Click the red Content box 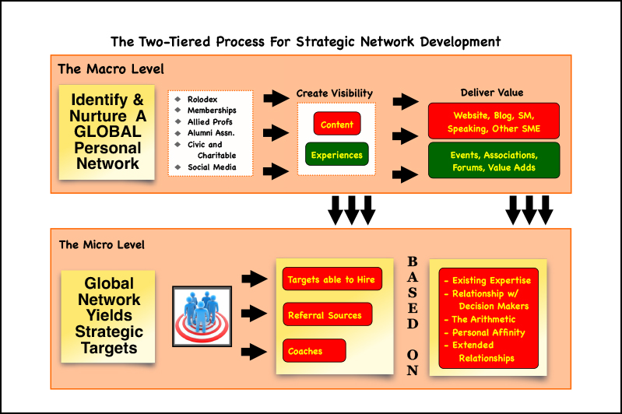click(x=336, y=125)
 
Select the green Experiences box click(x=336, y=155)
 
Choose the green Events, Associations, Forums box click(x=494, y=160)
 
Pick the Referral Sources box click(x=326, y=315)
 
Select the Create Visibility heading click(x=335, y=93)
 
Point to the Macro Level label click(x=111, y=69)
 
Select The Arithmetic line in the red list click(x=483, y=319)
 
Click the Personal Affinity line click(x=488, y=332)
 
